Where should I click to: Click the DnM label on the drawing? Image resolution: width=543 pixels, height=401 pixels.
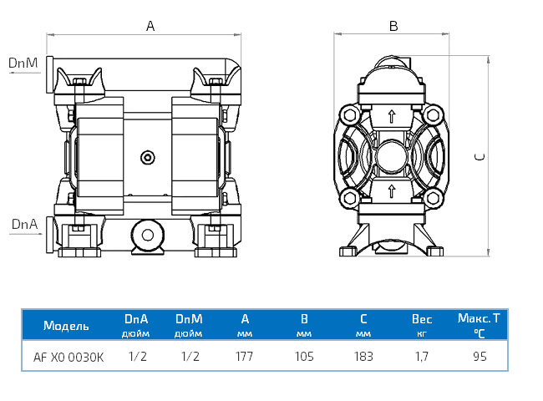tap(23, 63)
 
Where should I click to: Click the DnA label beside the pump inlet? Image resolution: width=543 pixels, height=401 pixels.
tap(23, 224)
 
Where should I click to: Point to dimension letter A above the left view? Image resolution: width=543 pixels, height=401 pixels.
tap(150, 26)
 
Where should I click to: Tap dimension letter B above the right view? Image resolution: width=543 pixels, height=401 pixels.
tap(393, 26)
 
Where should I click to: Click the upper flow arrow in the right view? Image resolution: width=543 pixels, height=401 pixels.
tap(390, 117)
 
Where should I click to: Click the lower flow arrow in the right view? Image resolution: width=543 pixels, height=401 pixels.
tap(390, 191)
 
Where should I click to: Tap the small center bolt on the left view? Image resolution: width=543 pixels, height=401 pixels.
tap(147, 157)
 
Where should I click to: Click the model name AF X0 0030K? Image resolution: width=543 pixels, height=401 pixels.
tap(69, 357)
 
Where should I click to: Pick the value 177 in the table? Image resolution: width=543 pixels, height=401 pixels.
tap(245, 357)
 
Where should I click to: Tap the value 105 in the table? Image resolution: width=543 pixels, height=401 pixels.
tap(304, 357)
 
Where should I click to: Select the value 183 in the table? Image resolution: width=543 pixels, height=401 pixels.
tap(363, 357)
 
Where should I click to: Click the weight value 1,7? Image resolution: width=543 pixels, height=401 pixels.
tap(422, 357)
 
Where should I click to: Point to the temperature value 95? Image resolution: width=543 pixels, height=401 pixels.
tap(479, 357)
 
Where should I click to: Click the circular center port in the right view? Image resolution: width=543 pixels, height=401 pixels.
tap(390, 155)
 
